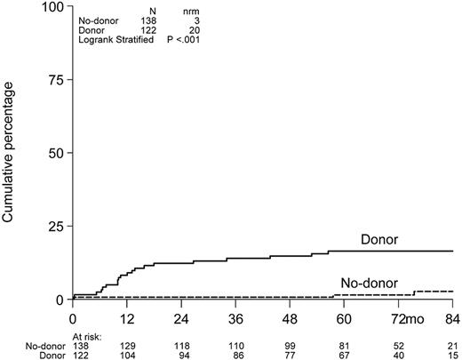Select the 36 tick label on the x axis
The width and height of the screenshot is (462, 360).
pos(235,317)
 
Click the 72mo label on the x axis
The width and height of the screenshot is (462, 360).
pos(395,317)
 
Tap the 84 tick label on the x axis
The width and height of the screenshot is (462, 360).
pos(452,317)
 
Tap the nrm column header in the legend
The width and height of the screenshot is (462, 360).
pos(181,10)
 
